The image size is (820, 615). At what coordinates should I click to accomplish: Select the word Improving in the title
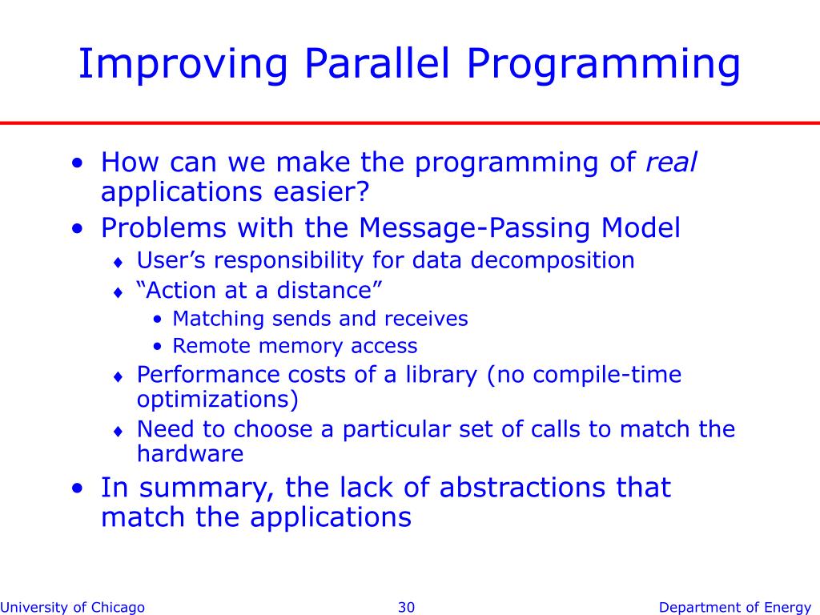183,65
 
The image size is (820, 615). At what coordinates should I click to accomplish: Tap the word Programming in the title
603,65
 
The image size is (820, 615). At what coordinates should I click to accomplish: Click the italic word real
671,162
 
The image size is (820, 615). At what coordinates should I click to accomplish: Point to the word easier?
321,191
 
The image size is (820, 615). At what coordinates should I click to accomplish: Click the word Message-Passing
475,228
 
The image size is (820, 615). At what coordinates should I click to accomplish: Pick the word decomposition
553,260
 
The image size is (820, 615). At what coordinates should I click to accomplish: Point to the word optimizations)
218,400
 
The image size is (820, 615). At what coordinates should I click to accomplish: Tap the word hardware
190,453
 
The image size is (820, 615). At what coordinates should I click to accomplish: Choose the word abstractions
523,488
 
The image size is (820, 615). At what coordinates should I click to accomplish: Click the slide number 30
406,607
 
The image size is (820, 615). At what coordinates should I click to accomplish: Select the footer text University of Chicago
72,607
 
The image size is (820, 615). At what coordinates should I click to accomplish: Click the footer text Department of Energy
735,607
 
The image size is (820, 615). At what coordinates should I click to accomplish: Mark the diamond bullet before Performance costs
119,376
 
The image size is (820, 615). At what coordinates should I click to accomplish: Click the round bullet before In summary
78,488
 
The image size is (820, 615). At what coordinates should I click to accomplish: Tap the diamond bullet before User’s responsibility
119,262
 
